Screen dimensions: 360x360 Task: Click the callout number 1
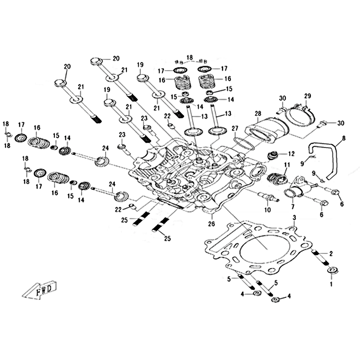click(332, 284)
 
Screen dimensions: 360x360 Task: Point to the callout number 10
click(267, 210)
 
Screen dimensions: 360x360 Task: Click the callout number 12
click(291, 154)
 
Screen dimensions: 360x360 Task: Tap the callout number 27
click(234, 129)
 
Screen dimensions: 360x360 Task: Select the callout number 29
click(307, 96)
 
